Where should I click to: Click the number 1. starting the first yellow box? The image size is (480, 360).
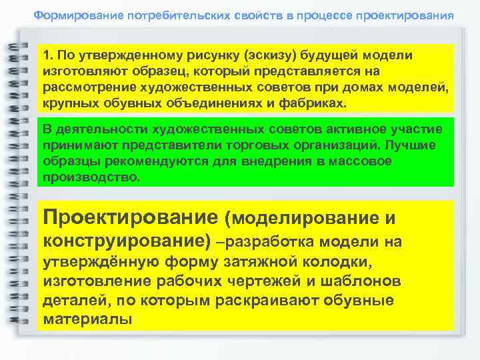point(48,55)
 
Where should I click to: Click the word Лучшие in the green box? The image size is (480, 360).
point(423,145)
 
